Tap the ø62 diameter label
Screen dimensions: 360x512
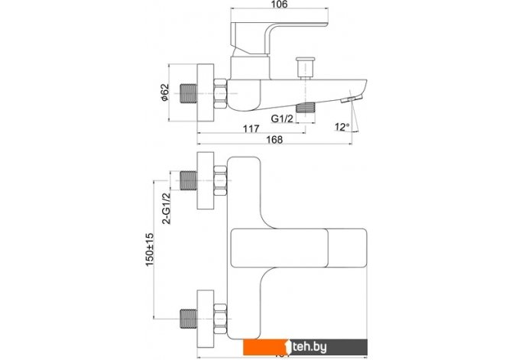coord(164,92)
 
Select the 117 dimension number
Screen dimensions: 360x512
coord(249,129)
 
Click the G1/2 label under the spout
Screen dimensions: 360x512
coord(284,118)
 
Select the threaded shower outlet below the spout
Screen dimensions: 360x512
coord(307,107)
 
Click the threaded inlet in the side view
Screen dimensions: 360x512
coord(188,92)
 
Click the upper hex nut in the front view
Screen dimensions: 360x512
coord(221,183)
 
